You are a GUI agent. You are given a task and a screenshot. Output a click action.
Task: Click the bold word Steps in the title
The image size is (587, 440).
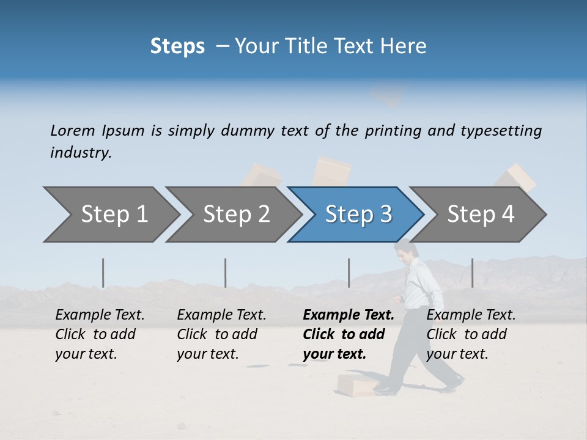coord(177,46)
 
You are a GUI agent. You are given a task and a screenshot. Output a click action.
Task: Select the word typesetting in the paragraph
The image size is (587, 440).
coord(501,131)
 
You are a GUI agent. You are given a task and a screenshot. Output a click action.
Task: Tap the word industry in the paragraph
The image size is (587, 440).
coord(80,153)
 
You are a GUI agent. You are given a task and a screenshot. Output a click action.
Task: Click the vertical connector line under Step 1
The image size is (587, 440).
coord(103,273)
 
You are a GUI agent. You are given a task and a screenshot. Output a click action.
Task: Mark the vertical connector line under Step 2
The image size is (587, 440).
coord(225,273)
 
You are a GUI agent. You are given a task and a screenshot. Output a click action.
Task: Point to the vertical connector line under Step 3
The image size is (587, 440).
coord(349,273)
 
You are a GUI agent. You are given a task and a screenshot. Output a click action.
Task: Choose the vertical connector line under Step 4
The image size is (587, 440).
coord(472,273)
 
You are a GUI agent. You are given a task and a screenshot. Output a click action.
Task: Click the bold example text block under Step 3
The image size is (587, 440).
coord(349,334)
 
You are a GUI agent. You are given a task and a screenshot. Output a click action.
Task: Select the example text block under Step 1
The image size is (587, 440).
coord(100,334)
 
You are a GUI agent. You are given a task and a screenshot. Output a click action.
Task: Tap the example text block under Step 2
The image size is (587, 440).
coord(221,334)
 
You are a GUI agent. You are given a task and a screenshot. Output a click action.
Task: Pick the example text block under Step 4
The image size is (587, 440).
coord(471,334)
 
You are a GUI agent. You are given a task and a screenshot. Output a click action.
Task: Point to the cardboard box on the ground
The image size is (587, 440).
coord(358,384)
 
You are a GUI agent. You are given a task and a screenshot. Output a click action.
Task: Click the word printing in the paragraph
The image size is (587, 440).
coord(392,131)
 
